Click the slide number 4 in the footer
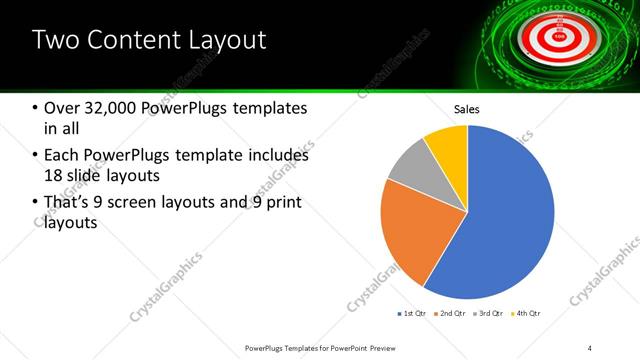(590, 347)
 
